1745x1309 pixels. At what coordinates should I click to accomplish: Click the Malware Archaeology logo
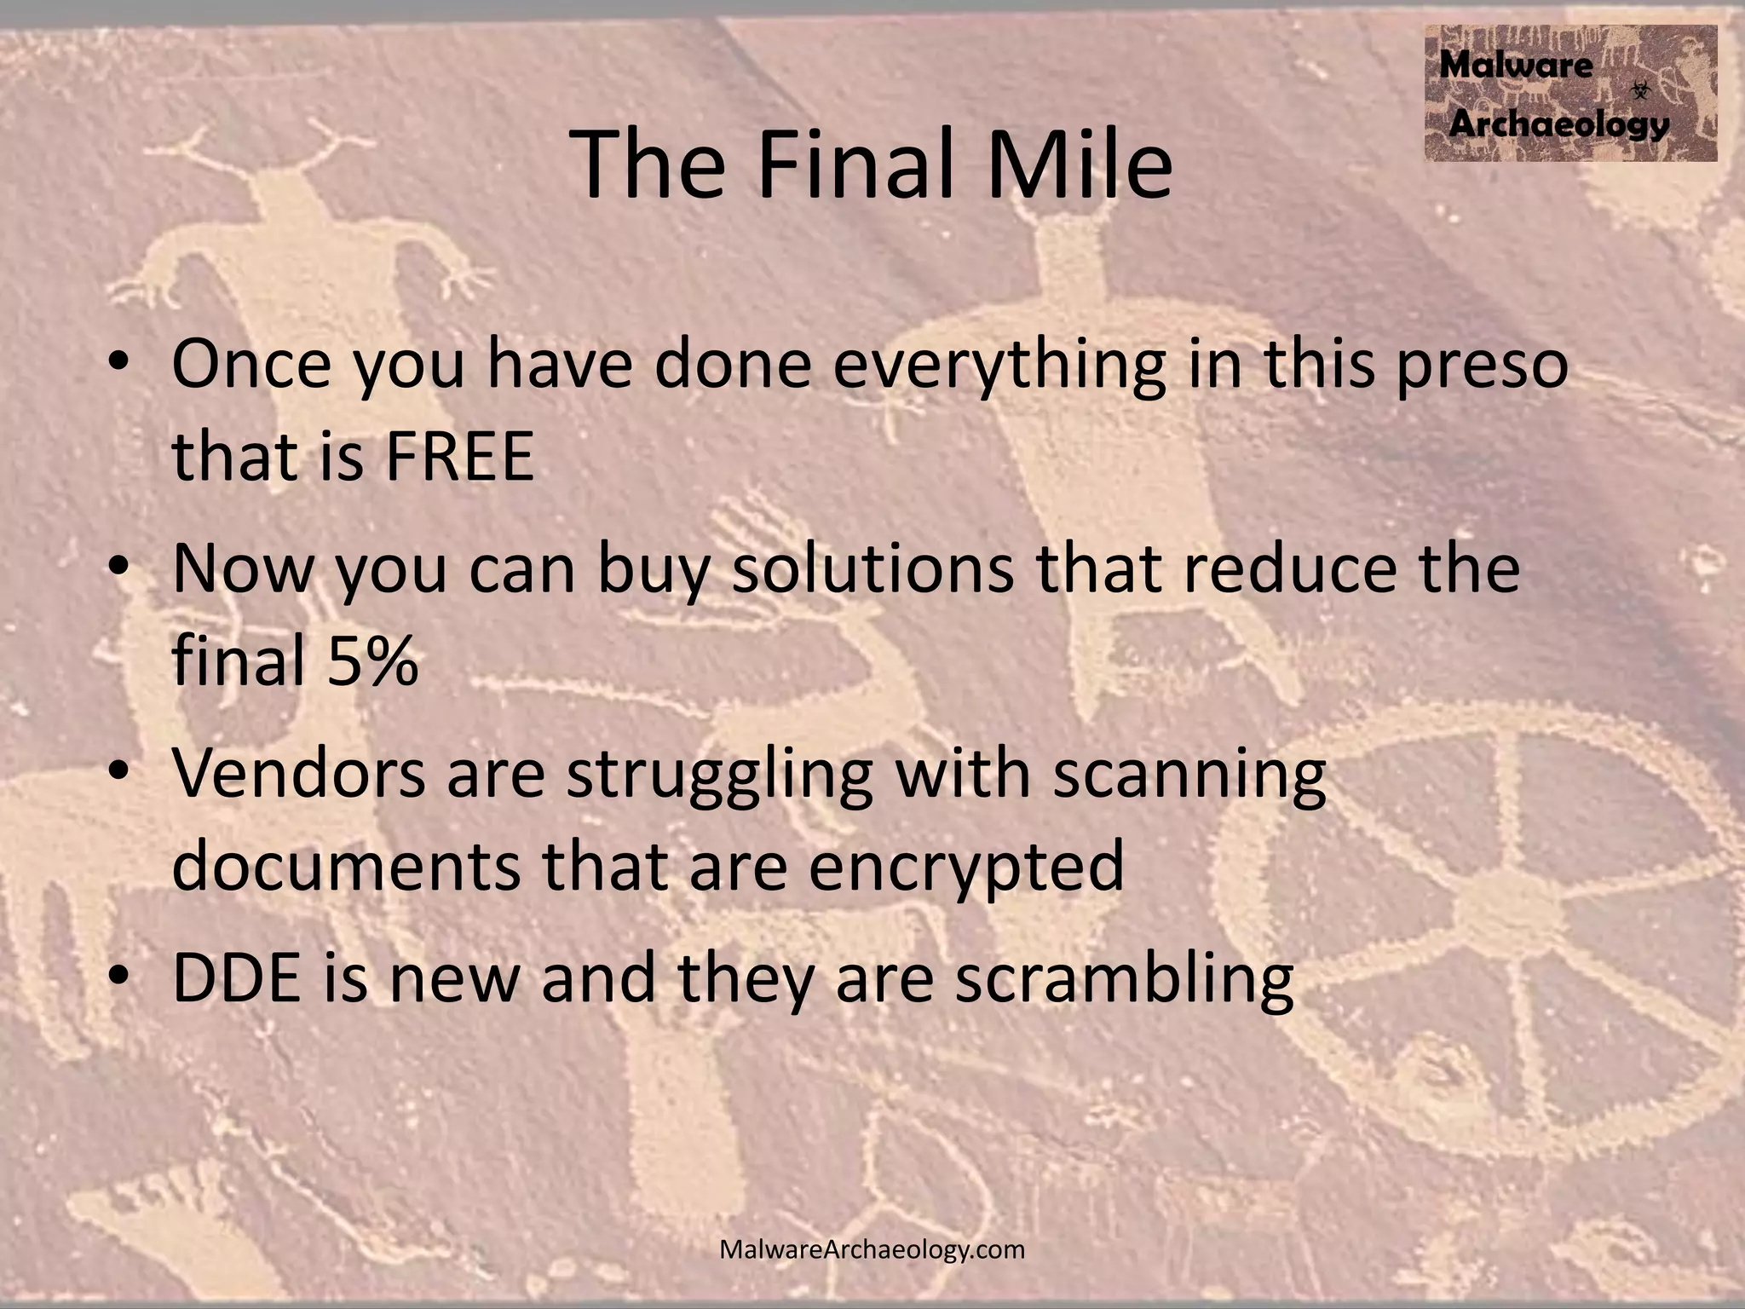pyautogui.click(x=1569, y=93)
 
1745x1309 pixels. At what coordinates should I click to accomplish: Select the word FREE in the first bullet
pyautogui.click(x=459, y=456)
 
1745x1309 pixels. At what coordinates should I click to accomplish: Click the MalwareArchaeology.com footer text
pyautogui.click(x=872, y=1250)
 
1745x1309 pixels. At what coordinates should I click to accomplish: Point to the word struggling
pyautogui.click(x=719, y=777)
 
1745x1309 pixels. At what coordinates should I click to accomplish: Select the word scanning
pyautogui.click(x=1189, y=777)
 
